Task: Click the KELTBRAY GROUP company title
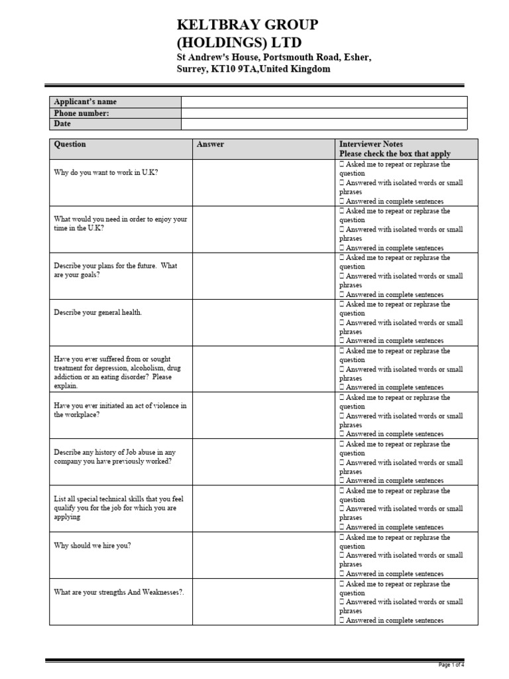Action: (247, 25)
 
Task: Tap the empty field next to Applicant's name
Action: (324, 102)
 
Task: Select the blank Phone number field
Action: (324, 113)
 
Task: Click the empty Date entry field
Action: (324, 124)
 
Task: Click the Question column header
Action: (70, 145)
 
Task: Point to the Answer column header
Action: (210, 145)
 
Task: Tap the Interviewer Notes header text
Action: (370, 144)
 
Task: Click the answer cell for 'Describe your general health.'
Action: (265, 322)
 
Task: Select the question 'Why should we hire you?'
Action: (92, 546)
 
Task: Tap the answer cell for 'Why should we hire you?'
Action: (265, 555)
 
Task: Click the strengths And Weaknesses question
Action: (119, 593)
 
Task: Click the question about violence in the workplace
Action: (120, 410)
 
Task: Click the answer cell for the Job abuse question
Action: (265, 462)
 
